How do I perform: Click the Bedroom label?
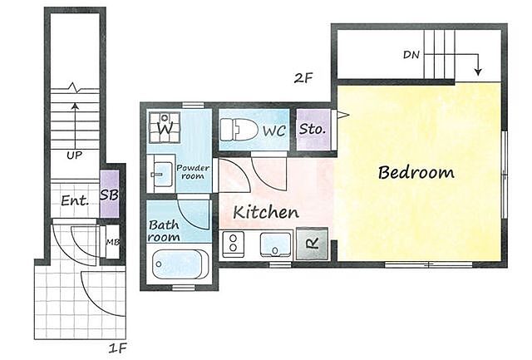416,172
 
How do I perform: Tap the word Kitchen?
266,212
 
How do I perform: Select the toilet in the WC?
239,129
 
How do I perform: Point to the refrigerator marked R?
312,244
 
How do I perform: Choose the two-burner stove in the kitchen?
233,244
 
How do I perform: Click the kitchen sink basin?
275,244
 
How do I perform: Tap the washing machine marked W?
165,127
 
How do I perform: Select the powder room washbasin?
160,173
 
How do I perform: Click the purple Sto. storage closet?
313,129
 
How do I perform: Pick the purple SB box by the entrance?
109,194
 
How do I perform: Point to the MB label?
113,242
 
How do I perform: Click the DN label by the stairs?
411,55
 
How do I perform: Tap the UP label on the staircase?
74,155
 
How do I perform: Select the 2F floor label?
303,78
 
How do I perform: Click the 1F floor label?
117,348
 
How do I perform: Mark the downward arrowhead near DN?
478,72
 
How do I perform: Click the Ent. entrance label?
75,200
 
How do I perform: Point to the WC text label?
274,131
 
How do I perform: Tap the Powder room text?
193,172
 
